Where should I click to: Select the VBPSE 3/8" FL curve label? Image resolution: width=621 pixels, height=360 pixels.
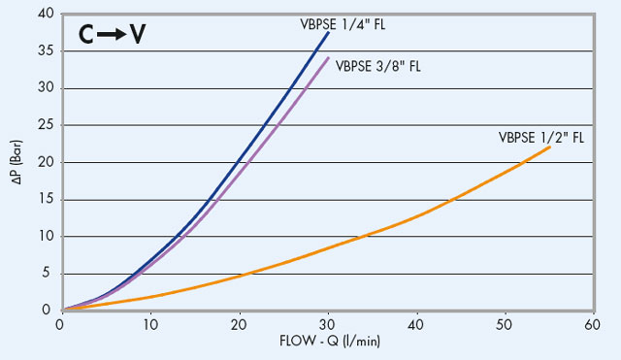point(378,67)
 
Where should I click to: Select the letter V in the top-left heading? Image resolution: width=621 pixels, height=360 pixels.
point(138,35)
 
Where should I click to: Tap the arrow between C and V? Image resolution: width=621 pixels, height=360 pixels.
point(114,36)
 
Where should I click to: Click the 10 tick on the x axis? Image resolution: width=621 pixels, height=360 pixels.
point(150,325)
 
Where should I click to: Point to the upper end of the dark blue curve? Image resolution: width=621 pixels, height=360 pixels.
point(329,33)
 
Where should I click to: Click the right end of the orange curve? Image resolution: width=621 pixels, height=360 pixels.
point(550,147)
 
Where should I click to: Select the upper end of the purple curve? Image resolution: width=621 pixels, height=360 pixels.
point(329,58)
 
